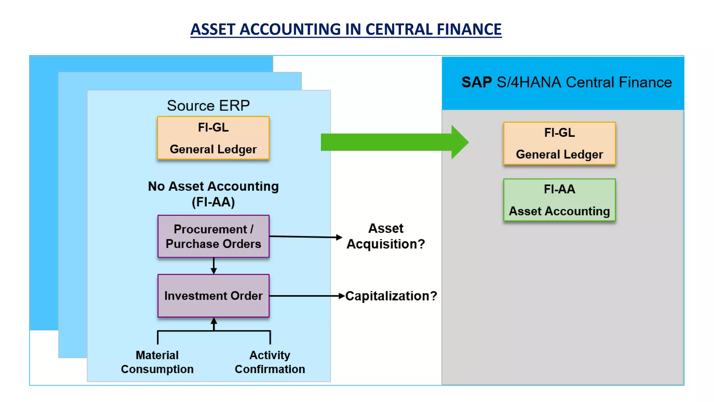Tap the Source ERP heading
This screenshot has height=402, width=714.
click(208, 106)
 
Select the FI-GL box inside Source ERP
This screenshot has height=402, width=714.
click(213, 138)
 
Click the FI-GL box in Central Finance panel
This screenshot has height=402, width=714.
click(559, 143)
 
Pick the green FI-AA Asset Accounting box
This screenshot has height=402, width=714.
click(559, 200)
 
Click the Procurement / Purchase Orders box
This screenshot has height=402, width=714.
click(213, 236)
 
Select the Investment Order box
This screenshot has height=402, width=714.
click(213, 296)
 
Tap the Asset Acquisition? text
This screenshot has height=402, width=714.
click(386, 236)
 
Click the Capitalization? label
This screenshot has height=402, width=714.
click(391, 296)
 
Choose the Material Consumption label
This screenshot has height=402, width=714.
click(157, 362)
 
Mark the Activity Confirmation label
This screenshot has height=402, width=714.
click(269, 362)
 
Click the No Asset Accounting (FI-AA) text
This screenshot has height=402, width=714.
click(213, 194)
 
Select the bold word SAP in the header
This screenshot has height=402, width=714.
click(476, 82)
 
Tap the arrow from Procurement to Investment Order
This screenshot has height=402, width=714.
click(214, 266)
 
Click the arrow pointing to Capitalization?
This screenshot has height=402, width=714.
click(307, 296)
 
